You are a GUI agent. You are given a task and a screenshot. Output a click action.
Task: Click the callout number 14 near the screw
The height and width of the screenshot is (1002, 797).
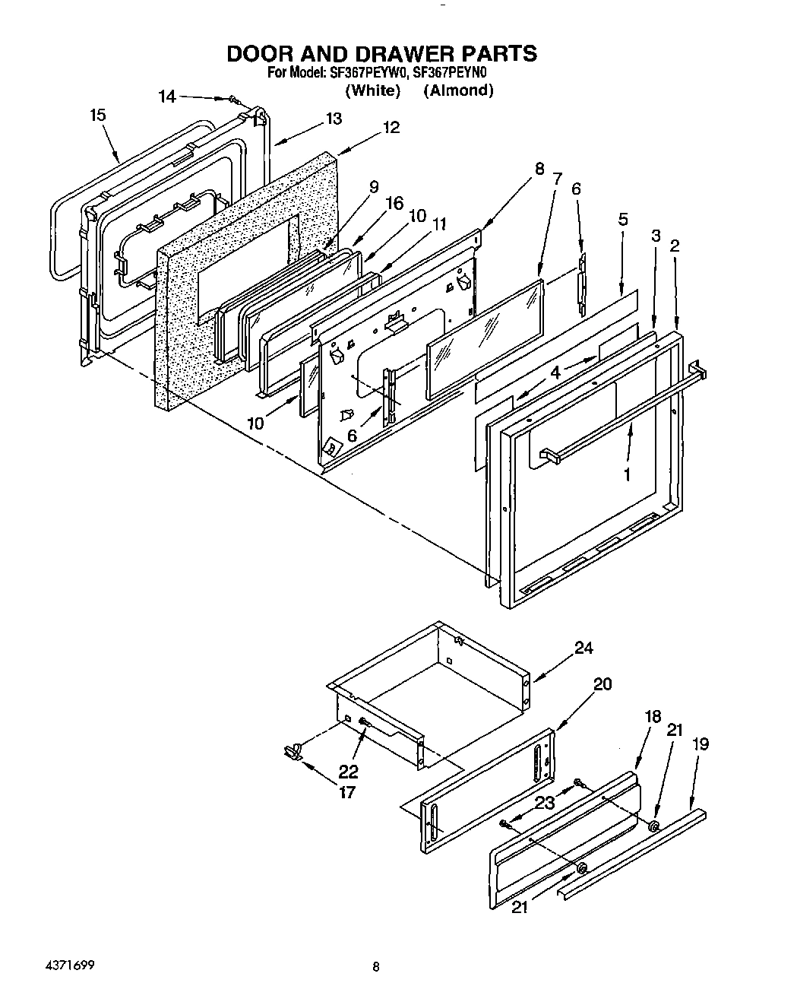click(167, 97)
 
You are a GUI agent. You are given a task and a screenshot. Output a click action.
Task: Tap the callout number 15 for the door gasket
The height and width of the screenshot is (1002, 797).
click(97, 116)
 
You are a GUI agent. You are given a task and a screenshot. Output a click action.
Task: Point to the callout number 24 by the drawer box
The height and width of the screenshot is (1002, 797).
click(584, 648)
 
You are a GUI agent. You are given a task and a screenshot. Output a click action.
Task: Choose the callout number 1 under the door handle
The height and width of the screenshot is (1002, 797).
click(627, 474)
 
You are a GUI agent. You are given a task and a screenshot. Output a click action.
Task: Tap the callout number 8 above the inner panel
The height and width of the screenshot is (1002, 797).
click(539, 169)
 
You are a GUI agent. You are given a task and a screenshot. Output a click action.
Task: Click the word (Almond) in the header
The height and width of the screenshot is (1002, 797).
click(458, 90)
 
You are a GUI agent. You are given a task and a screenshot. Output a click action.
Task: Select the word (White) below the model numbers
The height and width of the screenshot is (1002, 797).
click(372, 90)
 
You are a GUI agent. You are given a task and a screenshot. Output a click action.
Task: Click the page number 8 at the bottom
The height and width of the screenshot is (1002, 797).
click(375, 968)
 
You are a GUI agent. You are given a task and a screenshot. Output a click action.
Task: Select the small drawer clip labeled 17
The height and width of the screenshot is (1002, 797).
click(292, 752)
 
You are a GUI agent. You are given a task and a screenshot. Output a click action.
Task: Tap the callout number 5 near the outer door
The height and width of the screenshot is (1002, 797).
click(623, 220)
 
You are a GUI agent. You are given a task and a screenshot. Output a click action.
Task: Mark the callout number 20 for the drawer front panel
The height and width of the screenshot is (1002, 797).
click(602, 683)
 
